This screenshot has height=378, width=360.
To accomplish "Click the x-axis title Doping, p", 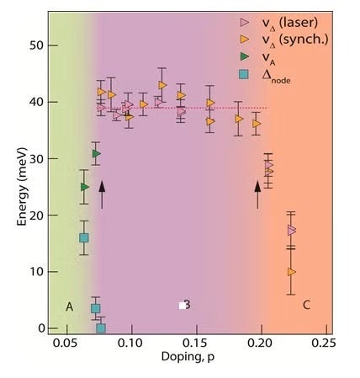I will point(187,361).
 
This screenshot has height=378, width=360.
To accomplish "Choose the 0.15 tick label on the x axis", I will point(194,344).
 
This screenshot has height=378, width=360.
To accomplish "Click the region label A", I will point(70,306).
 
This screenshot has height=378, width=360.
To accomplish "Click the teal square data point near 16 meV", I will point(84,238).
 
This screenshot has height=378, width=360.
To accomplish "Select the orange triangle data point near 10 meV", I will point(291,272).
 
